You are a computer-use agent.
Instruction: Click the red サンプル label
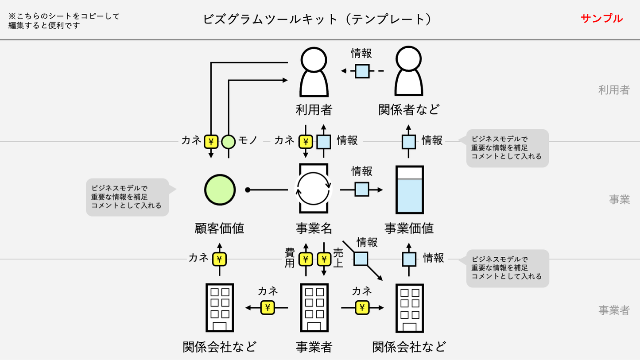[601, 19]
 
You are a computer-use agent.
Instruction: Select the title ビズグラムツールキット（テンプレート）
[317, 19]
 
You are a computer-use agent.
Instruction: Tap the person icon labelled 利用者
[314, 72]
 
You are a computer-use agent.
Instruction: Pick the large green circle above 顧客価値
[220, 190]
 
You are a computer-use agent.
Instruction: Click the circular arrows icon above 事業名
[314, 190]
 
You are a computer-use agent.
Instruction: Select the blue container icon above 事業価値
[409, 190]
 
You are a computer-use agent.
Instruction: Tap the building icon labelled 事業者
[314, 308]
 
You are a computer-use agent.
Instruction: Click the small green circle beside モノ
[229, 142]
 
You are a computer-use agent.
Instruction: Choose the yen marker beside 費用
[306, 259]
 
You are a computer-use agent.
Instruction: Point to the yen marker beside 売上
[324, 259]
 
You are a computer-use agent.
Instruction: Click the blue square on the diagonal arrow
[361, 259]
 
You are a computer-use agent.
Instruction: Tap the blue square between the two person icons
[362, 71]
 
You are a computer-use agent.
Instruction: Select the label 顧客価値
[220, 228]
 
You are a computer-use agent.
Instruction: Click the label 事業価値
[409, 228]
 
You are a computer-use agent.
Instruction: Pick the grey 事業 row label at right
[619, 200]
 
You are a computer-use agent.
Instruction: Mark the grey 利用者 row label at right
[614, 90]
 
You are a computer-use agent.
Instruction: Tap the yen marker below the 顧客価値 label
[219, 259]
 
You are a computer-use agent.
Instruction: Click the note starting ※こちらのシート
[64, 21]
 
